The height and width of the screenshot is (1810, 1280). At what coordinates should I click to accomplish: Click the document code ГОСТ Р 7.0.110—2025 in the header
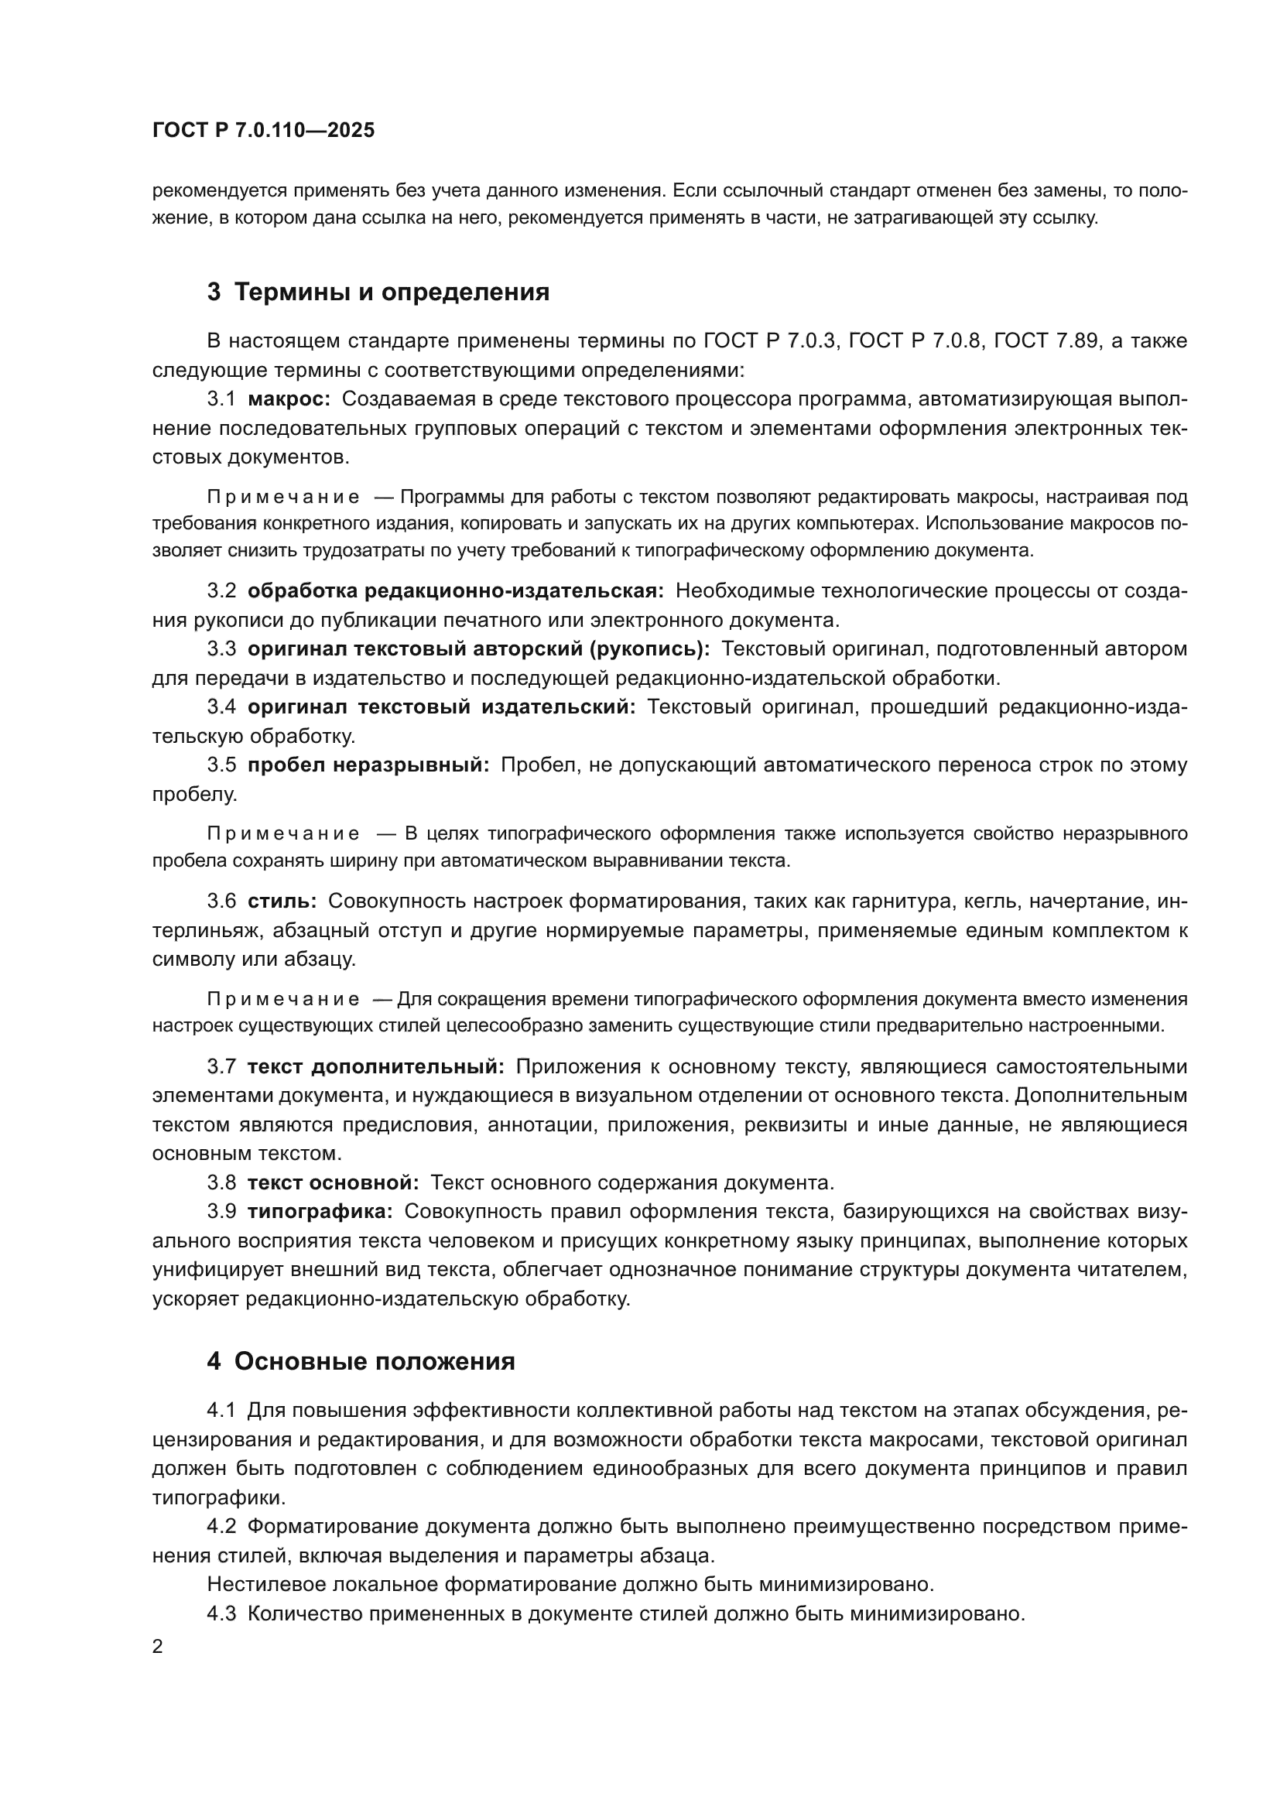coord(263,131)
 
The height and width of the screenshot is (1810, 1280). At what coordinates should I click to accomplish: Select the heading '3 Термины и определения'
coord(378,293)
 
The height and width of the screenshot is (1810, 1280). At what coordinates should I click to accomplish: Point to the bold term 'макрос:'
coord(289,399)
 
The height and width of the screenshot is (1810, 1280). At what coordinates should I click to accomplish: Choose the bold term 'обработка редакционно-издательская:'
coord(456,591)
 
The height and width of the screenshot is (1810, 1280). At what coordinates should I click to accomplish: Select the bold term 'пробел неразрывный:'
coord(369,765)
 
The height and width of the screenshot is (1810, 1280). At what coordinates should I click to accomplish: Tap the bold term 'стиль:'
coord(282,902)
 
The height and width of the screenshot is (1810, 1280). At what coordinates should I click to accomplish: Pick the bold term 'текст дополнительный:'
coord(376,1067)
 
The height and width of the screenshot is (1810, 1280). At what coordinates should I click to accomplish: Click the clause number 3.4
coord(221,707)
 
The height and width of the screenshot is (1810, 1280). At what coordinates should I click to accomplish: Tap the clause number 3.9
coord(221,1213)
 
